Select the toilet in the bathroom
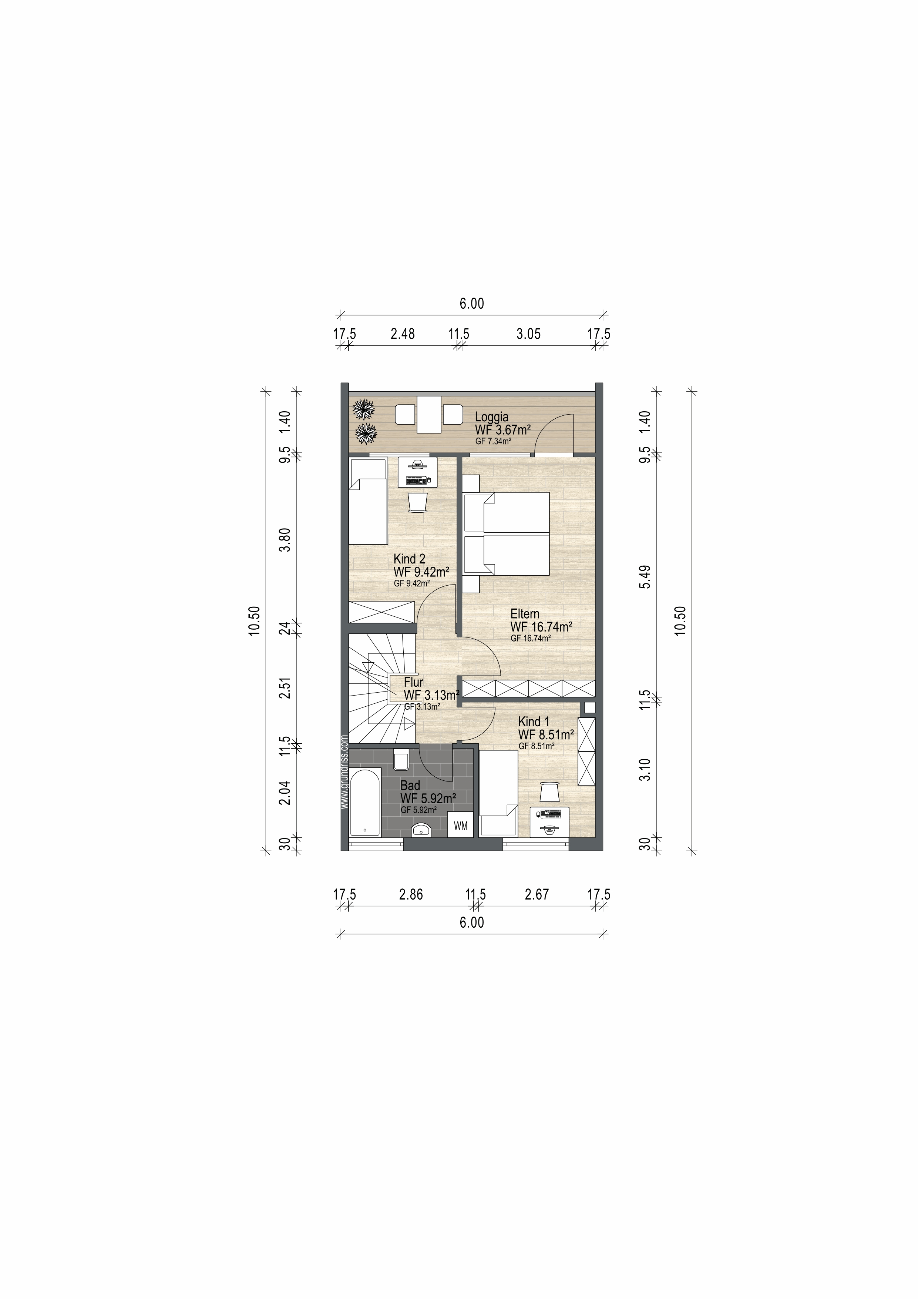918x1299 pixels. pyautogui.click(x=401, y=759)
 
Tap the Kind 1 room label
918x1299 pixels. pyautogui.click(x=534, y=722)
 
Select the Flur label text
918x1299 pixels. pyautogui.click(x=413, y=682)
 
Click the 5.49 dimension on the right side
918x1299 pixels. pyautogui.click(x=645, y=576)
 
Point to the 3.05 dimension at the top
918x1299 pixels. pyautogui.click(x=528, y=334)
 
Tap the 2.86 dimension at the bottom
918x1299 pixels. pyautogui.click(x=411, y=894)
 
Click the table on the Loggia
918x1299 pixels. pyautogui.click(x=429, y=415)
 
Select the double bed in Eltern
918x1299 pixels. pyautogui.click(x=506, y=533)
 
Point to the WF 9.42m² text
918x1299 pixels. pyautogui.click(x=421, y=572)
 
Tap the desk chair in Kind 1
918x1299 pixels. pyautogui.click(x=549, y=791)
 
